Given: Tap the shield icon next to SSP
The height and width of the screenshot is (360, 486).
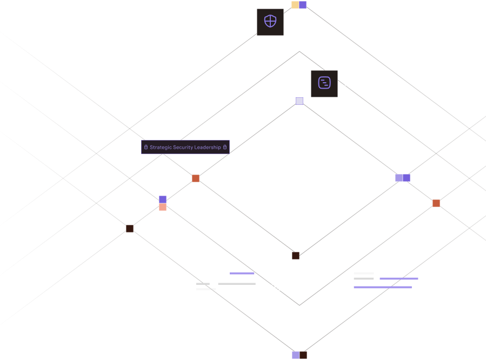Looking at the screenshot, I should [x=270, y=22].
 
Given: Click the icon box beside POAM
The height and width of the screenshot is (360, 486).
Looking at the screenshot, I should [x=324, y=84].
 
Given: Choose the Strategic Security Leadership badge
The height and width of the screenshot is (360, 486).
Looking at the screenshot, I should [x=185, y=147].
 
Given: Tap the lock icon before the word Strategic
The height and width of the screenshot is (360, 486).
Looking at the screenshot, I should [x=146, y=147].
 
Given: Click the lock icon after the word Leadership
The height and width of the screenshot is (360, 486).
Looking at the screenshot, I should [x=225, y=147].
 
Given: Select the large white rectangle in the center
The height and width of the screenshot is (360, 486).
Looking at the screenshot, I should [x=299, y=178].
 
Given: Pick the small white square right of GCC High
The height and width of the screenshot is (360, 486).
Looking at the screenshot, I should [x=334, y=282].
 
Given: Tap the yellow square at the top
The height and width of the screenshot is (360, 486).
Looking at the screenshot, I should [x=295, y=5].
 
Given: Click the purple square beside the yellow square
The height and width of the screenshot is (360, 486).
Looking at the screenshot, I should [x=303, y=5].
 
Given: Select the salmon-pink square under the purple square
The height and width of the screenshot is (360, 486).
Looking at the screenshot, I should [x=163, y=207].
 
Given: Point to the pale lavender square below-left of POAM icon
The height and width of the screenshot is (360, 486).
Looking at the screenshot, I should [x=299, y=101].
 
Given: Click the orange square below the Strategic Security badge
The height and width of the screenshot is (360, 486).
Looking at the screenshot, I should [x=196, y=178].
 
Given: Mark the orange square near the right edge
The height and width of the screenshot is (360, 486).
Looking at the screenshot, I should [x=436, y=203].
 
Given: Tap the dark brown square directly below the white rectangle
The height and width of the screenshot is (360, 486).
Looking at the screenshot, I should [x=296, y=256].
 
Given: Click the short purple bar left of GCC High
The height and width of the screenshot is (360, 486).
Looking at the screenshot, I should [x=242, y=274].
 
